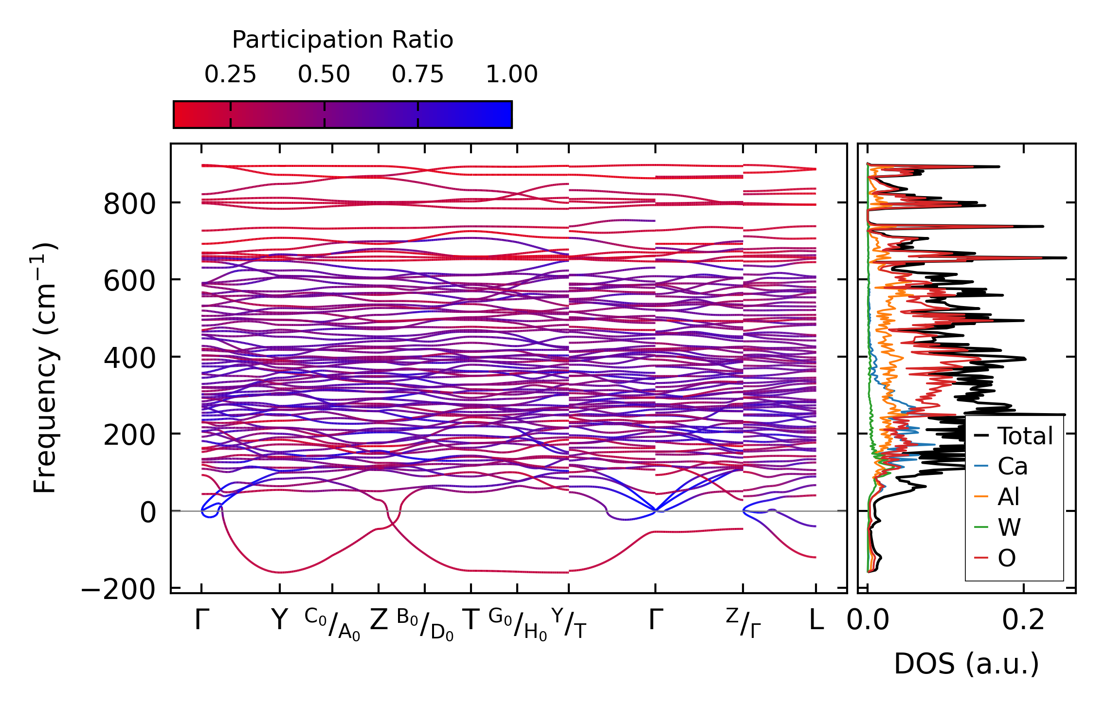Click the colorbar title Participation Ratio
(342, 40)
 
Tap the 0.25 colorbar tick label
(230, 75)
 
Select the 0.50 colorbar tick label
(324, 75)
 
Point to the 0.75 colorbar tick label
(417, 75)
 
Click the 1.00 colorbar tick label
(511, 75)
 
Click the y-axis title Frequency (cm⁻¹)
(45, 368)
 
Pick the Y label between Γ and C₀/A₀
(279, 620)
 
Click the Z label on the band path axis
(379, 620)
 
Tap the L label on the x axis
(816, 620)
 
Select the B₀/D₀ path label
(425, 624)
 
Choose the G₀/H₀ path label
(517, 624)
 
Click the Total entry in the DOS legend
(1025, 436)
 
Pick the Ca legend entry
(1012, 467)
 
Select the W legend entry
(1009, 527)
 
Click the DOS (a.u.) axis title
(966, 664)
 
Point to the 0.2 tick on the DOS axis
(1023, 620)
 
